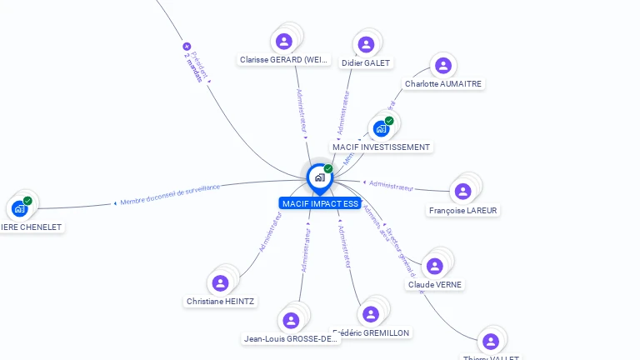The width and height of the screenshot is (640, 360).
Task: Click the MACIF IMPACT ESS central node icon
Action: (x=319, y=177)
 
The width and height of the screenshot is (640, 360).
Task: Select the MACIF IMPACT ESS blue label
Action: (x=319, y=203)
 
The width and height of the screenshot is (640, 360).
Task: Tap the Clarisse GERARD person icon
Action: (x=284, y=41)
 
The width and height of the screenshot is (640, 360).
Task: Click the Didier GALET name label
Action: (x=366, y=63)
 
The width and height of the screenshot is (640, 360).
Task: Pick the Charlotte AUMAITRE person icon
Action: (x=443, y=65)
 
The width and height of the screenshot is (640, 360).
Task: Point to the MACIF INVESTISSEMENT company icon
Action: (x=381, y=128)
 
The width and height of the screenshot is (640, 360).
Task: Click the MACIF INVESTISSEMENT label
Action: (x=381, y=147)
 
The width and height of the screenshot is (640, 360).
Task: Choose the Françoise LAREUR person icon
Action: (x=462, y=192)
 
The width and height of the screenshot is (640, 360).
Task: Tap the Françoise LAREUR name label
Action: (x=462, y=211)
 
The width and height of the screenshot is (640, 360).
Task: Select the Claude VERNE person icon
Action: (x=434, y=267)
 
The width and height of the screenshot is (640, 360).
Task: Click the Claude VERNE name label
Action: (x=434, y=285)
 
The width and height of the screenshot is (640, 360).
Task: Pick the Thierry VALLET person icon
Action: (x=490, y=342)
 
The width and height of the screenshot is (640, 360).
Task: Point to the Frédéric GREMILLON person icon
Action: (x=371, y=314)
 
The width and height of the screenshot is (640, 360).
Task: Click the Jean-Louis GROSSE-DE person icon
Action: (x=291, y=321)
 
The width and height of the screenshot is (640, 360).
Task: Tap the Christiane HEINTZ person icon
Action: (x=220, y=283)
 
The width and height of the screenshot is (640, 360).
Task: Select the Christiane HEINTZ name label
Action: (x=220, y=302)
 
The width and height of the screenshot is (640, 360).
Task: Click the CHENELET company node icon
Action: (x=19, y=208)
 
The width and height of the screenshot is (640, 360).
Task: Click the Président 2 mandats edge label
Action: (x=195, y=62)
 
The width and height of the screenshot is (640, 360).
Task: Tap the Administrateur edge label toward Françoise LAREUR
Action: (x=391, y=186)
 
